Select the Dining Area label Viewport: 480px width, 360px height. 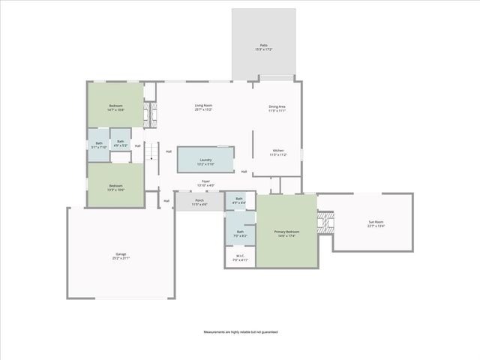pyautogui.click(x=277, y=108)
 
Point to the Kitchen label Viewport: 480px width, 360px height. pyautogui.click(x=277, y=153)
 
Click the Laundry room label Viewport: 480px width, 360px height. pyautogui.click(x=205, y=161)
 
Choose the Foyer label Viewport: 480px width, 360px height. pyautogui.click(x=205, y=184)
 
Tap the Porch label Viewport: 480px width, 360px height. pyautogui.click(x=199, y=202)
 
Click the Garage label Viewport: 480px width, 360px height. pyautogui.click(x=121, y=256)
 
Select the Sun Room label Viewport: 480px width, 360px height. pyautogui.click(x=376, y=223)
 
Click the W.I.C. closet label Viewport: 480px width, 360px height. pyautogui.click(x=241, y=257)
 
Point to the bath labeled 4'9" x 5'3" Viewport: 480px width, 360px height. pyautogui.click(x=120, y=143)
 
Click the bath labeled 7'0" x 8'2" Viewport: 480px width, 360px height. pyautogui.click(x=240, y=233)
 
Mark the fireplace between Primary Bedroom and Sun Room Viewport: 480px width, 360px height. pyautogui.click(x=325, y=222)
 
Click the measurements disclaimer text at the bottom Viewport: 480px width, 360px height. pyautogui.click(x=240, y=330)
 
